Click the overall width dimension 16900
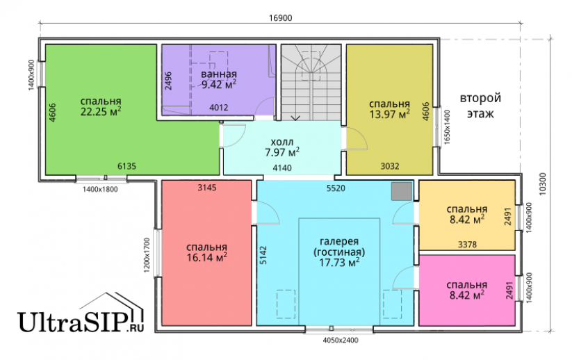281,18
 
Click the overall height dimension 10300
543,184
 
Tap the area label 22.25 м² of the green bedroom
101,111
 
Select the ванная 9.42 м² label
219,79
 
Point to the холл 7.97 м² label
282,147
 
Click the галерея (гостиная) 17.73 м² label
339,252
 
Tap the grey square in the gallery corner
401,191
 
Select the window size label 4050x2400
341,341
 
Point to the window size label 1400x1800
100,189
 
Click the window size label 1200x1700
147,255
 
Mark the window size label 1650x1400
448,127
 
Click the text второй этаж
480,106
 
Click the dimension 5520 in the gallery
336,188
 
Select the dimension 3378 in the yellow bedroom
467,245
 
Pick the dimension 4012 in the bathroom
218,108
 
